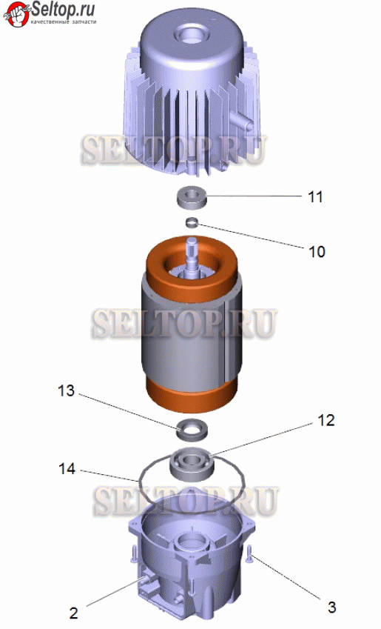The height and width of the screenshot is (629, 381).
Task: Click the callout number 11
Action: tap(315, 196)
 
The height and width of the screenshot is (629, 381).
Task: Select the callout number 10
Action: tap(317, 251)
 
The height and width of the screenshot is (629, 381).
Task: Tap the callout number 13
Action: tap(66, 390)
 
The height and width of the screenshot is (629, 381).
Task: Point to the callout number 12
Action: tap(326, 420)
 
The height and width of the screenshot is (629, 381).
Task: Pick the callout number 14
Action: tap(67, 468)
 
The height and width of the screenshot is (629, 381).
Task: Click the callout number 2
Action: tap(73, 613)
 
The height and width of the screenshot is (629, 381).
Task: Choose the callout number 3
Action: tap(331, 607)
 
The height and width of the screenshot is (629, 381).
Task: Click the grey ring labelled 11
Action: tap(192, 197)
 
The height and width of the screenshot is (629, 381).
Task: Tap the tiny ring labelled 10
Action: tap(192, 222)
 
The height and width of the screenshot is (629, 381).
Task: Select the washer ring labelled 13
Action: tap(192, 430)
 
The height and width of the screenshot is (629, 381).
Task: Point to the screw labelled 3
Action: tap(249, 555)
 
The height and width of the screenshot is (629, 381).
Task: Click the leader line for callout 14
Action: tap(109, 476)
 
